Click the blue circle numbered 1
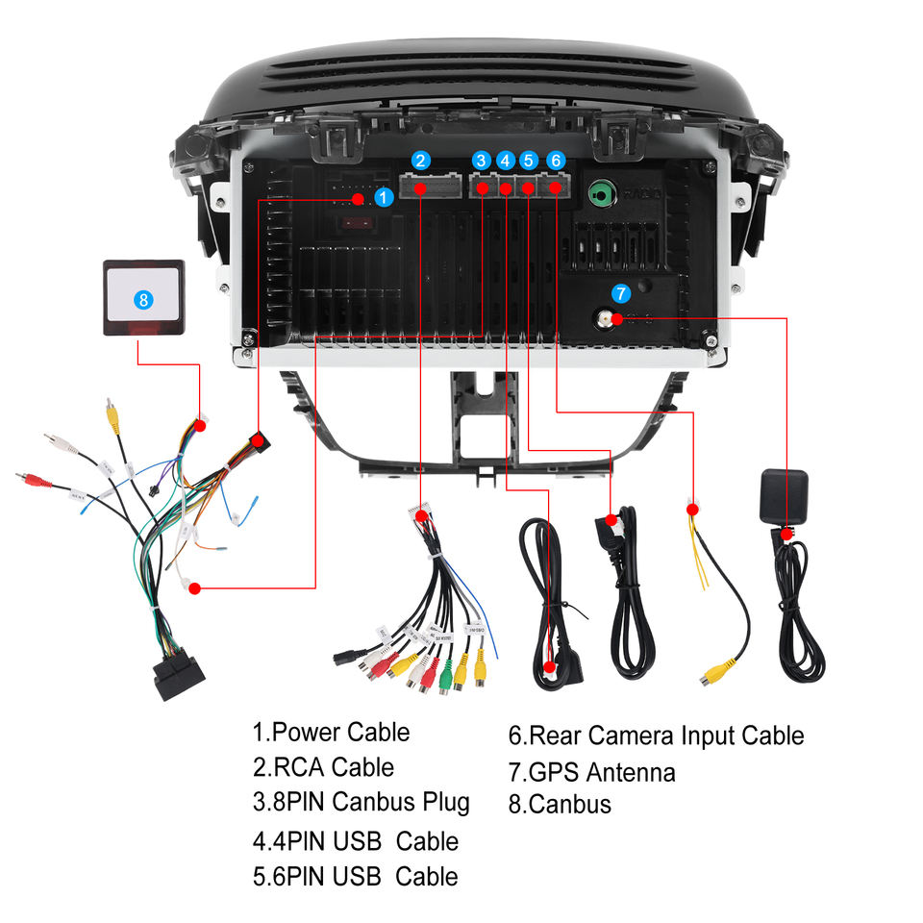point(384,197)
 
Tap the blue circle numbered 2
point(421,162)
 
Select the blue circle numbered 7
point(621,292)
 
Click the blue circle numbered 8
point(143,299)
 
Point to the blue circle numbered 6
point(556,162)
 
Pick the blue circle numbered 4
point(506,162)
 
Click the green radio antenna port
point(601,193)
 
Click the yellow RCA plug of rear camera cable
point(715,674)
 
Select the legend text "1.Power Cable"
point(331,733)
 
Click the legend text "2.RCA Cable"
point(323,767)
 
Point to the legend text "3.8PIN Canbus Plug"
point(362,802)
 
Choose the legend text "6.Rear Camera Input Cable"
point(656,736)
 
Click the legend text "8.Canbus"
point(560,804)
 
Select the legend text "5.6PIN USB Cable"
point(356,877)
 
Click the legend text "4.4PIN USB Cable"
point(356,841)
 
